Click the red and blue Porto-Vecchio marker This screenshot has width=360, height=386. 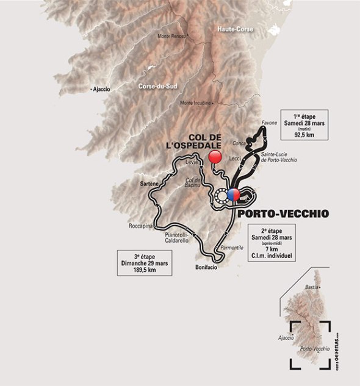(233, 195)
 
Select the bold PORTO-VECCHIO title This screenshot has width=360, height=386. (283, 213)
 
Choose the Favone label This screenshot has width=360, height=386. (269, 123)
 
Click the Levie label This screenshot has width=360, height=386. (192, 162)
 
